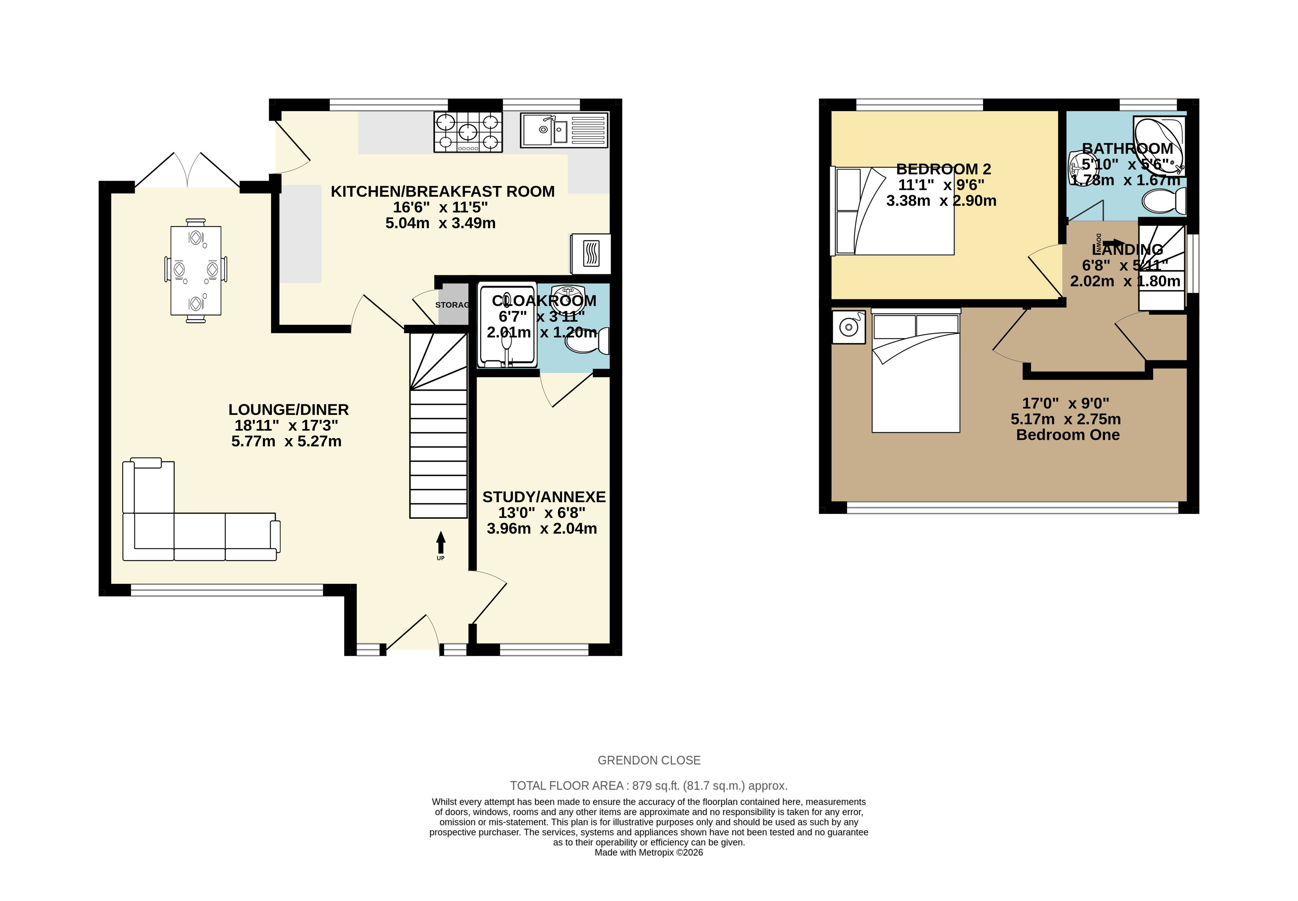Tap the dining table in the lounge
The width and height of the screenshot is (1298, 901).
tap(195, 270)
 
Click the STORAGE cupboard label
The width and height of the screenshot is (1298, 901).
tap(452, 305)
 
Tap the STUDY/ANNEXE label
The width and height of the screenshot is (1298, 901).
tap(543, 497)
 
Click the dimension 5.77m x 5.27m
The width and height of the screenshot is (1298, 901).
tap(287, 441)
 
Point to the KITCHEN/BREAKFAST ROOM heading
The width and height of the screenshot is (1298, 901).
tap(442, 191)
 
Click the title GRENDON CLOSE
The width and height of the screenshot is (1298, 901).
tap(648, 760)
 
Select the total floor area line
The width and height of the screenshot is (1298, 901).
tap(648, 785)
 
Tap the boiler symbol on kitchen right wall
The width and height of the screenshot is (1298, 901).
tap(590, 253)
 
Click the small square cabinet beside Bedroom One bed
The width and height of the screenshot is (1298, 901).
tap(849, 327)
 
